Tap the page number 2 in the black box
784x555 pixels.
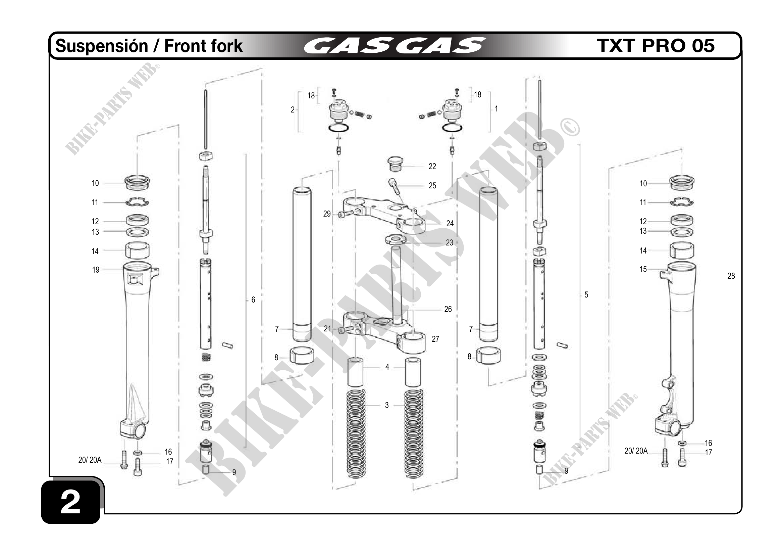[x=70, y=502]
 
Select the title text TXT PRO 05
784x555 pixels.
[x=656, y=46]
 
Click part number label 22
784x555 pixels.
[x=432, y=167]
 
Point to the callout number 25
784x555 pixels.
[x=432, y=186]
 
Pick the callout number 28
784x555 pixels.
[x=731, y=276]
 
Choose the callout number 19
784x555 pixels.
[x=96, y=270]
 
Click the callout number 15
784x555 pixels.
[x=643, y=269]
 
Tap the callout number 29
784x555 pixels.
[x=327, y=214]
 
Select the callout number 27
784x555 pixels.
[x=435, y=339]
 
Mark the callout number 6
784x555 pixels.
[x=253, y=300]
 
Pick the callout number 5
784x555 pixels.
[x=586, y=294]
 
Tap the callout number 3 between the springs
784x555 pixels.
[x=387, y=405]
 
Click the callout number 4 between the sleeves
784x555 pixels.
[x=387, y=367]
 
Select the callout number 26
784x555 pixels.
[x=448, y=309]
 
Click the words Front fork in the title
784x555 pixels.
[x=204, y=46]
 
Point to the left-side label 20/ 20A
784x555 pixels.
[x=90, y=460]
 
